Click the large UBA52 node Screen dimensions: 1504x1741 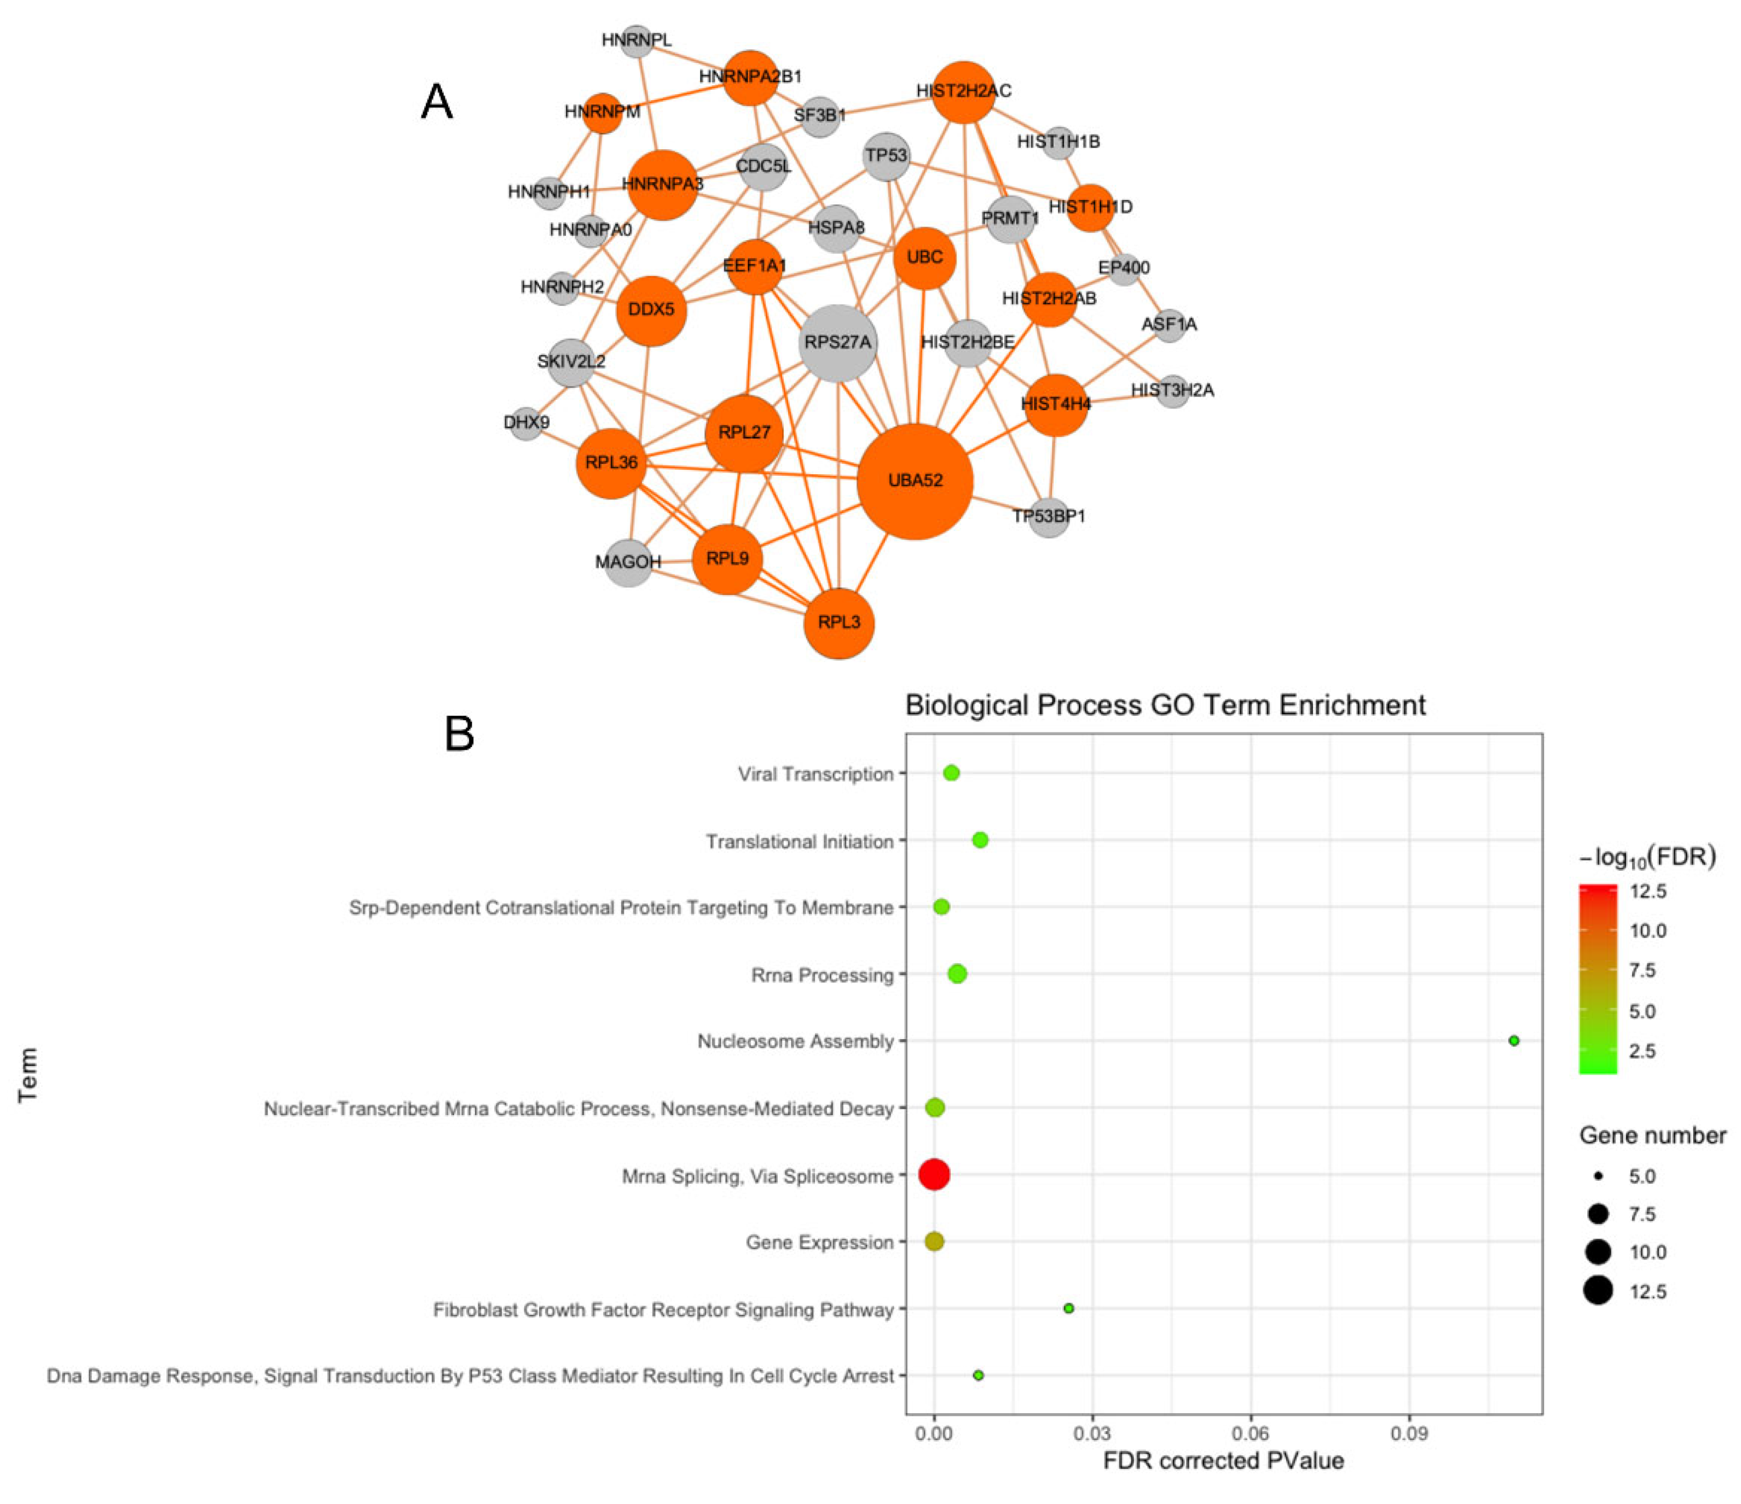915,481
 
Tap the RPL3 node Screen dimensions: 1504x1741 838,623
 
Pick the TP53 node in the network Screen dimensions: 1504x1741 887,156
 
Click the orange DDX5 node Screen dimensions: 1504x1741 651,310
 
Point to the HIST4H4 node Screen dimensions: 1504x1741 1056,405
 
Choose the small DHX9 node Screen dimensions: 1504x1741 527,422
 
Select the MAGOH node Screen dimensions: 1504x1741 628,562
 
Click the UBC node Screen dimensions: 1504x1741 924,258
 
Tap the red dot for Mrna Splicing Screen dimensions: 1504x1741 934,1174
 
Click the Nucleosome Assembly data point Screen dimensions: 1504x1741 1513,1040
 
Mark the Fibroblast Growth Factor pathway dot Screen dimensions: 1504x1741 1069,1308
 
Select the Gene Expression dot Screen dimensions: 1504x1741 934,1241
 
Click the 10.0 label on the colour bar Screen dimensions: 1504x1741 1648,930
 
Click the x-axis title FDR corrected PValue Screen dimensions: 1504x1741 1223,1461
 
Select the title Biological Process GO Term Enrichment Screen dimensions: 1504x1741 1165,704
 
